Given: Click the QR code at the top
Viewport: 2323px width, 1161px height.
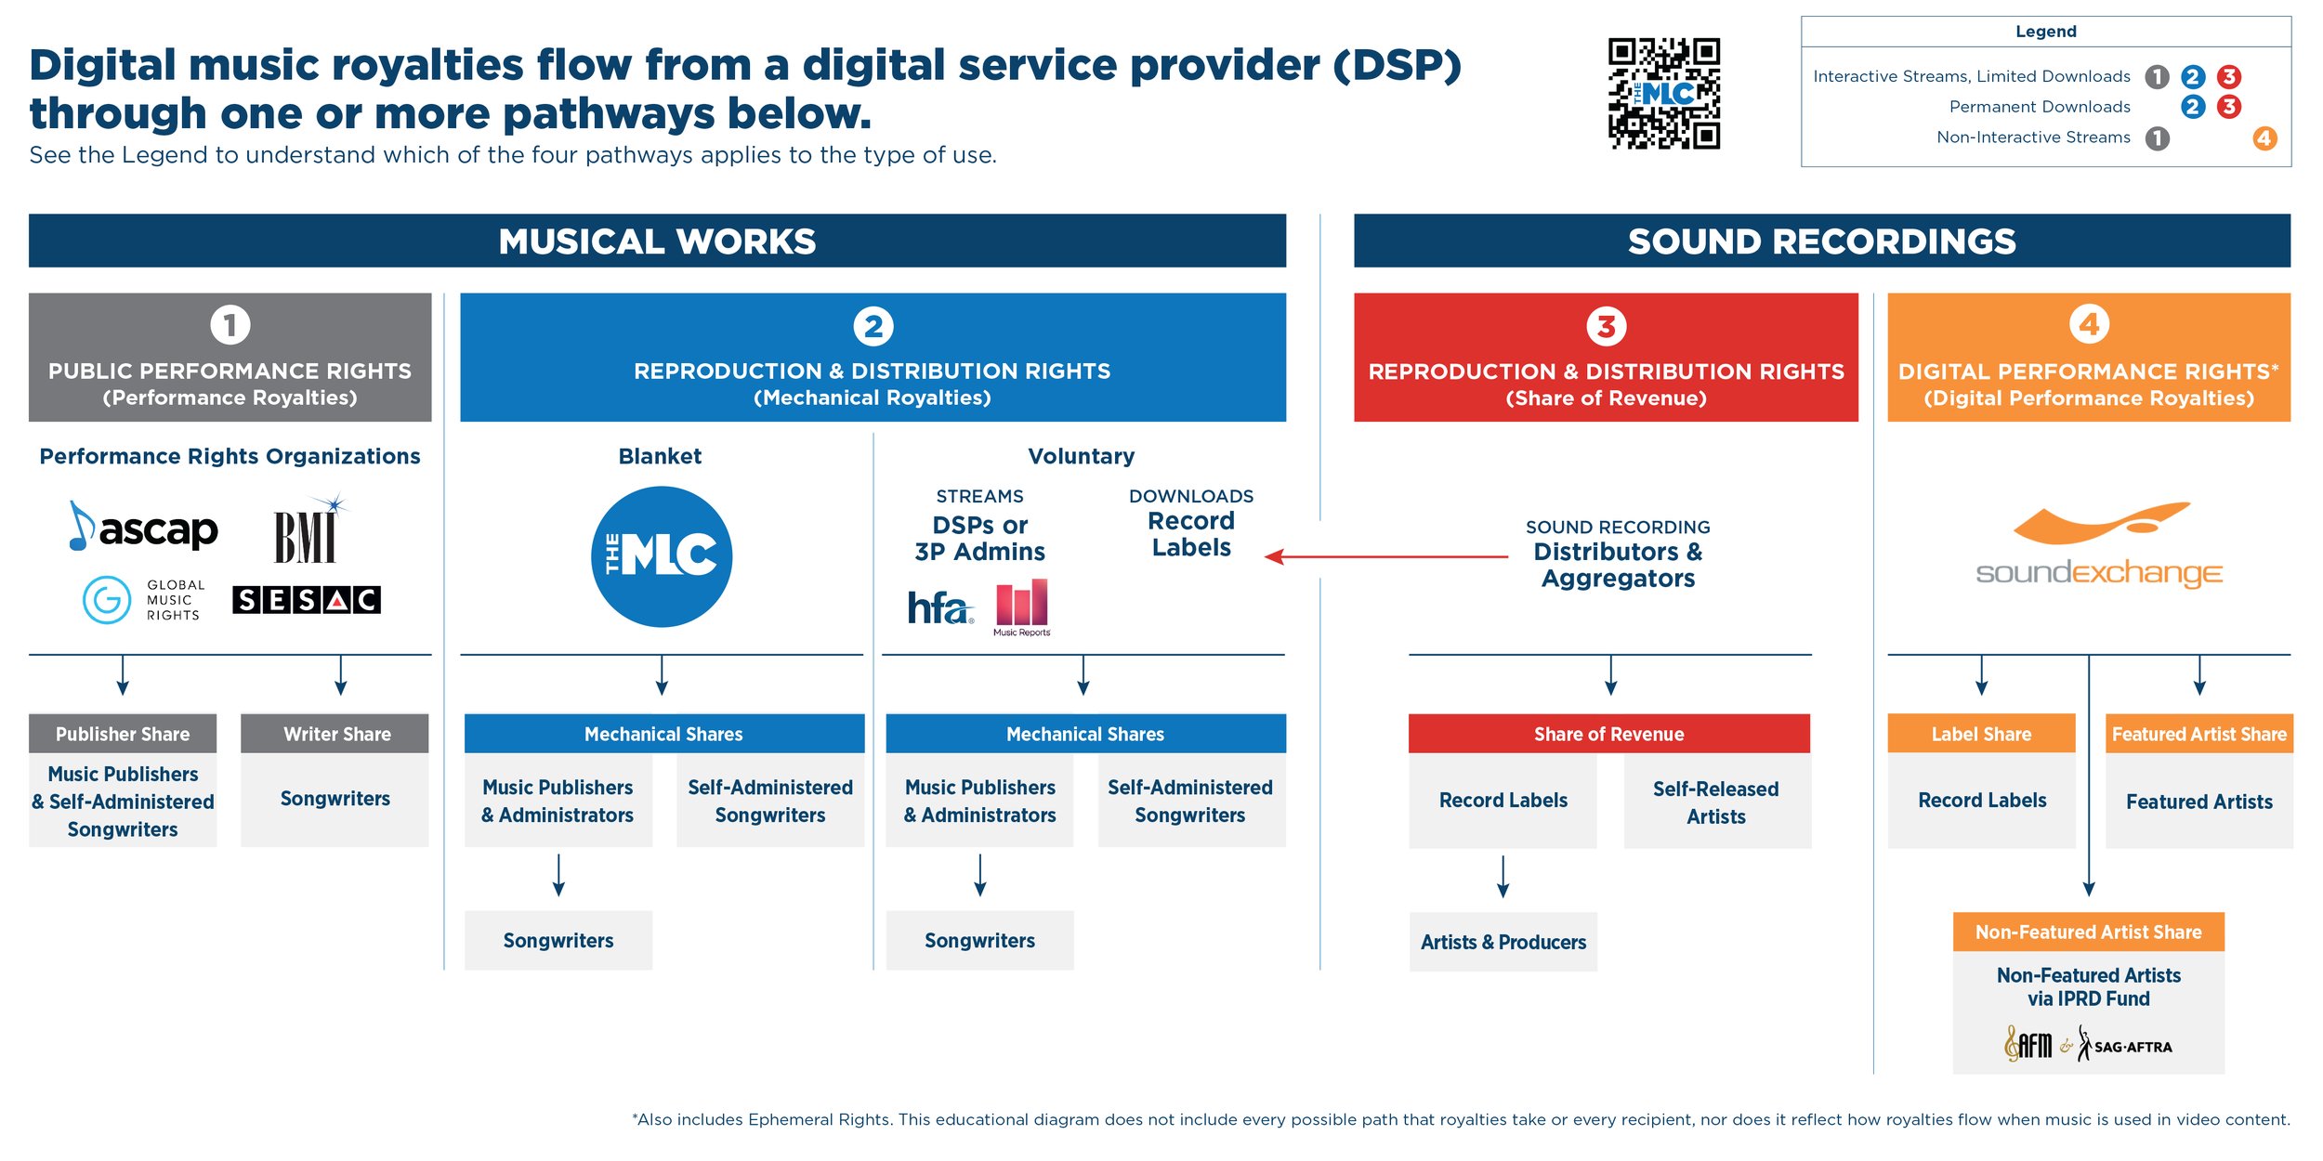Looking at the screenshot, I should pyautogui.click(x=1663, y=93).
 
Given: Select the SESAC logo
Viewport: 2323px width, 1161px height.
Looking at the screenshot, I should pyautogui.click(x=307, y=600).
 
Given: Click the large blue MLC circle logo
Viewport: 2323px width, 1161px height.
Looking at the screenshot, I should pyautogui.click(x=661, y=556).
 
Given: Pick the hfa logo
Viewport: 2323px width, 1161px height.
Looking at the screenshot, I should pyautogui.click(x=939, y=608).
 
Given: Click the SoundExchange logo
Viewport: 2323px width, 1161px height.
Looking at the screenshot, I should pyautogui.click(x=2098, y=548).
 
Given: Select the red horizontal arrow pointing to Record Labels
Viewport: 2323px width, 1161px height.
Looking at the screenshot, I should pyautogui.click(x=1385, y=556).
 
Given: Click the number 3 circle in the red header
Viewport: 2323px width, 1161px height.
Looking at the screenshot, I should pyautogui.click(x=1606, y=326).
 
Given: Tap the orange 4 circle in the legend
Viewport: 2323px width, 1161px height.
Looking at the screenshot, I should pyautogui.click(x=2264, y=138).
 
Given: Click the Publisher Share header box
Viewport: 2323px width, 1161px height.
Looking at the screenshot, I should pyautogui.click(x=123, y=734).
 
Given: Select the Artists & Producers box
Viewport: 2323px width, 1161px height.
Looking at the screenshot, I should pyautogui.click(x=1503, y=942).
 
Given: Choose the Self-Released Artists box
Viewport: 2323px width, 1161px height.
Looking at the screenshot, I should pyautogui.click(x=1716, y=802).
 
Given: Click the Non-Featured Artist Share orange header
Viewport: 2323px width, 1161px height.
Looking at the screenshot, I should pyautogui.click(x=2088, y=932).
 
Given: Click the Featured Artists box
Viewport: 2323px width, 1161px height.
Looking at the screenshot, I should pyautogui.click(x=2198, y=802).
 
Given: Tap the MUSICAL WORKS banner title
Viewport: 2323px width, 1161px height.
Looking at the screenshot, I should pyautogui.click(x=657, y=241).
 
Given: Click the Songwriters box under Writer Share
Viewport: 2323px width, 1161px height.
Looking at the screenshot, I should pyautogui.click(x=335, y=799).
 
